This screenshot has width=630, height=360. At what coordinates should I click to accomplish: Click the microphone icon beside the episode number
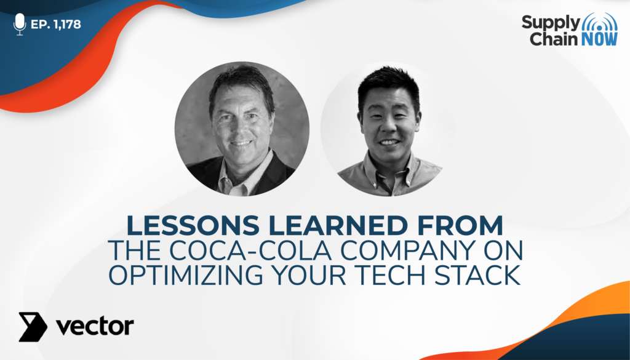pos(19,24)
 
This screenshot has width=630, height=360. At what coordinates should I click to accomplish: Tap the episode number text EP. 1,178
pos(56,24)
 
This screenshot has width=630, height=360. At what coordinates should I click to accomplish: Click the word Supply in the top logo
pos(551,23)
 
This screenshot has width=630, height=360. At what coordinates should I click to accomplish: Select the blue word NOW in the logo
pos(599,39)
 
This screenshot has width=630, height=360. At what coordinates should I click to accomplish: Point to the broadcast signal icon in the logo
pos(600,22)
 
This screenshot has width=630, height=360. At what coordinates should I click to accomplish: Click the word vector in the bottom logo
pos(95,327)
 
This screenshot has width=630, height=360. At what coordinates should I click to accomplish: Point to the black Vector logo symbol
pos(33,327)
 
